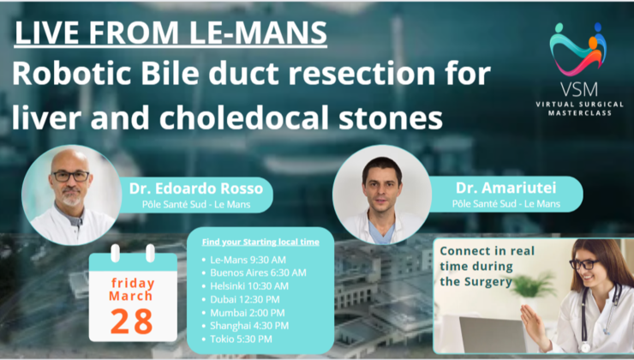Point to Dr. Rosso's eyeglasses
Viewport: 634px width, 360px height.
[x=70, y=176]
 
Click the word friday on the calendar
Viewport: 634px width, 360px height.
[x=132, y=282]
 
